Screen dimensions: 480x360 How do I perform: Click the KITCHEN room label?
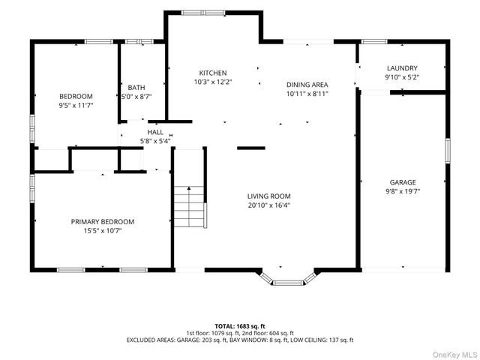213,73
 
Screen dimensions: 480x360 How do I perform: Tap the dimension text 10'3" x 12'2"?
213,82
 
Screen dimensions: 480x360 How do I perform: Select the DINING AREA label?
307,85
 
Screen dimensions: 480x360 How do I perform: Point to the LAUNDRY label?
402,68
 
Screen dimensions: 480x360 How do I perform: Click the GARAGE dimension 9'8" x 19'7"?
403,192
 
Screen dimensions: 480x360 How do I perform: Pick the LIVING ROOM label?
268,196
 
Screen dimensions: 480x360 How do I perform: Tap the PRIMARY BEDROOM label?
103,222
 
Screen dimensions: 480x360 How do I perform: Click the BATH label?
136,88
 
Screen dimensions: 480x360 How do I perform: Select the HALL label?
155,132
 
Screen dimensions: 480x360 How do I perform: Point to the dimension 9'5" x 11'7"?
76,106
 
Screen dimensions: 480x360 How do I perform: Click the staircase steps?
189,207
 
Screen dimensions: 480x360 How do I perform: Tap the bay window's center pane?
288,283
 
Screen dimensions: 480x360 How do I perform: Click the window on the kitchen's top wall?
203,13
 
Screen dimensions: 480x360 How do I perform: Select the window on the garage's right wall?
448,151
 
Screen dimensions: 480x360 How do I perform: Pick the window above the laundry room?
374,42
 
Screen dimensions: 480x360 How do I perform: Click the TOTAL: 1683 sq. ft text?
240,326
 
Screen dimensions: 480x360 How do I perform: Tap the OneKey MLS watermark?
454,355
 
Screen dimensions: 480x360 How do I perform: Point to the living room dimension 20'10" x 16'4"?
268,205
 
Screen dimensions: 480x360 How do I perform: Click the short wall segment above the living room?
251,148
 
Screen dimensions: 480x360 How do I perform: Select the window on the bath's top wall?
139,42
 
